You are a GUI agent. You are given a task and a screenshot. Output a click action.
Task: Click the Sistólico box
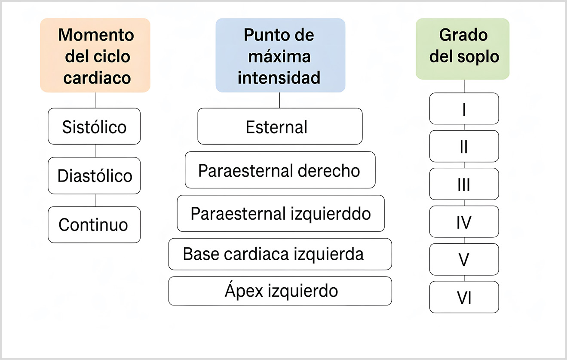[x=94, y=126]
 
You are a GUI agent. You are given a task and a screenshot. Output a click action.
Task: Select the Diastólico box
[x=94, y=175]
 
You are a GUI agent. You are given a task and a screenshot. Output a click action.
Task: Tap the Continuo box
[x=94, y=225]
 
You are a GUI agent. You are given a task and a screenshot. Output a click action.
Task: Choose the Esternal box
[x=280, y=126]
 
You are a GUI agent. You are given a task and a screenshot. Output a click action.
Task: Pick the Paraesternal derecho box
[x=280, y=170]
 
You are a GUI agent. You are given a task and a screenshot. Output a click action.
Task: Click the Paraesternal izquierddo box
[x=281, y=213]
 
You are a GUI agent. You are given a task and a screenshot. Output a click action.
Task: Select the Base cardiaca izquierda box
[x=280, y=254]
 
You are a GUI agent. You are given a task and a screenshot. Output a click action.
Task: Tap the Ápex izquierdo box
[x=280, y=291]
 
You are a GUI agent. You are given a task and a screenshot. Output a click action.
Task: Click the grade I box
[x=464, y=108]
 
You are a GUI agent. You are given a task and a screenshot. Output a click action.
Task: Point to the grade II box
[x=464, y=146]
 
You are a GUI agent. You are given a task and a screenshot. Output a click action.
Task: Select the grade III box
[x=464, y=184]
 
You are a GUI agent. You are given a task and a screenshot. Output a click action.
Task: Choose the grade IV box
[x=464, y=222]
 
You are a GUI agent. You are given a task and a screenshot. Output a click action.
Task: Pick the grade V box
[x=464, y=259]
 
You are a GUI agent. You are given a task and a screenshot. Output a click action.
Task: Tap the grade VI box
[x=464, y=297]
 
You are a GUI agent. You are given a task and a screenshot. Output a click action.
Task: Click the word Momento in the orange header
[x=96, y=35]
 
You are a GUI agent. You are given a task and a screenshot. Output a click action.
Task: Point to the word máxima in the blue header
[x=279, y=56]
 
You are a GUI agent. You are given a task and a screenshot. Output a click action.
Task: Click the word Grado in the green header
[x=463, y=35]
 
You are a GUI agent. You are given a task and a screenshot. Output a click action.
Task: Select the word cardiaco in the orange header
[x=97, y=78]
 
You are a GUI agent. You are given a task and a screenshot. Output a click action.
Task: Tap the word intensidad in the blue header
[x=279, y=77]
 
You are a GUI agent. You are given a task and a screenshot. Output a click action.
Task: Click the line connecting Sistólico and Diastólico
[x=95, y=151]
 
